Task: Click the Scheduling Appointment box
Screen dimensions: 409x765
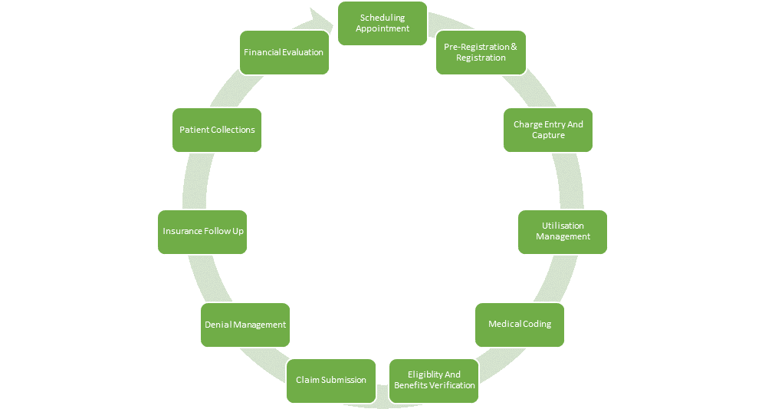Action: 382,23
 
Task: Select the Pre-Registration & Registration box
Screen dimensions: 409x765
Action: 481,52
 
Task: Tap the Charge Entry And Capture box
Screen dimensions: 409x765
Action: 548,130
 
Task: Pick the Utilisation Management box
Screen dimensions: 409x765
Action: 563,231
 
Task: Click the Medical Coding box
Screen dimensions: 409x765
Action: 520,324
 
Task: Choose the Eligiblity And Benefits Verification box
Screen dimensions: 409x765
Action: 434,380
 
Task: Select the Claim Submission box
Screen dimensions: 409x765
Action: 331,380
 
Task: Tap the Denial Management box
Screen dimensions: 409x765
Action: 245,325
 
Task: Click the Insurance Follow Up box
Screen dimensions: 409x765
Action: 203,230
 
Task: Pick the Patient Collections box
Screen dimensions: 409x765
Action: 217,130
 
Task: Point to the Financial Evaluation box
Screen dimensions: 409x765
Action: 284,52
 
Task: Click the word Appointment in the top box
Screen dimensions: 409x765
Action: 382,29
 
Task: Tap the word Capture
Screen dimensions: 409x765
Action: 548,136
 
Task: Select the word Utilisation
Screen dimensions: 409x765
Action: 563,226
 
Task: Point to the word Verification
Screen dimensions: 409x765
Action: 448,385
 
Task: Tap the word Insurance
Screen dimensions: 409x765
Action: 182,230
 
